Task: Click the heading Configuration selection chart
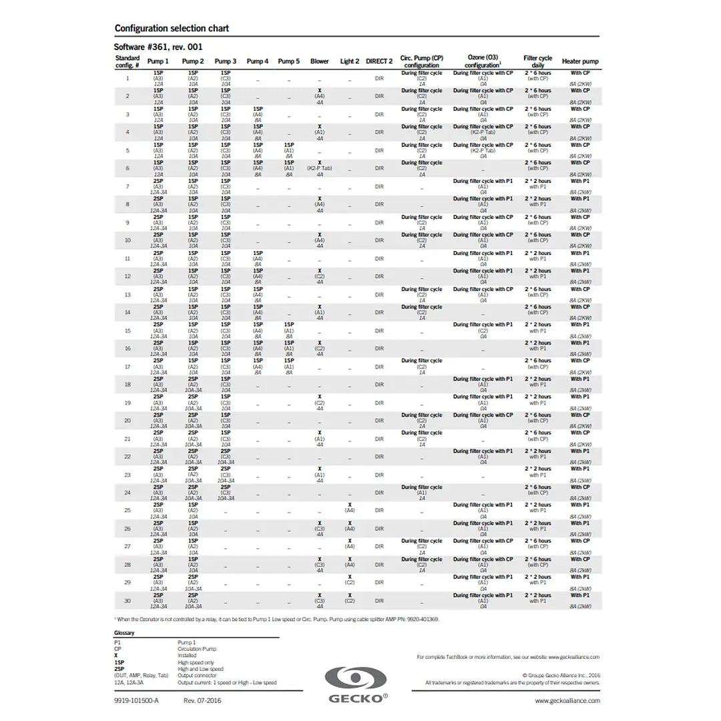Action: pyautogui.click(x=172, y=28)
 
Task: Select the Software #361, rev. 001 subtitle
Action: pyautogui.click(x=158, y=47)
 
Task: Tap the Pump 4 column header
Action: pyautogui.click(x=257, y=61)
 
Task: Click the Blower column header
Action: pyautogui.click(x=319, y=61)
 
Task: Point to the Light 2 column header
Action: pyautogui.click(x=349, y=61)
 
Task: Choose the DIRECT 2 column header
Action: pyautogui.click(x=379, y=61)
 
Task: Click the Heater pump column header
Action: pyautogui.click(x=579, y=61)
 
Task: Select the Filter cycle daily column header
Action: pyautogui.click(x=537, y=61)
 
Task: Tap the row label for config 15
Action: pyautogui.click(x=128, y=330)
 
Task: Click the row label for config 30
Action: pyautogui.click(x=128, y=601)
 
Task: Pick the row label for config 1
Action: pyautogui.click(x=128, y=78)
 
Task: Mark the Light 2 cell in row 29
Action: pyautogui.click(x=349, y=579)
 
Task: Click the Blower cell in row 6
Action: pyautogui.click(x=319, y=168)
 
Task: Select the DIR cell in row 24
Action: pyautogui.click(x=379, y=493)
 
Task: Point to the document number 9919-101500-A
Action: pyautogui.click(x=136, y=700)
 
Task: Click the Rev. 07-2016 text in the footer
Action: pyautogui.click(x=202, y=700)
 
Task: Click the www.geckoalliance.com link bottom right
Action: pyautogui.click(x=567, y=700)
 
